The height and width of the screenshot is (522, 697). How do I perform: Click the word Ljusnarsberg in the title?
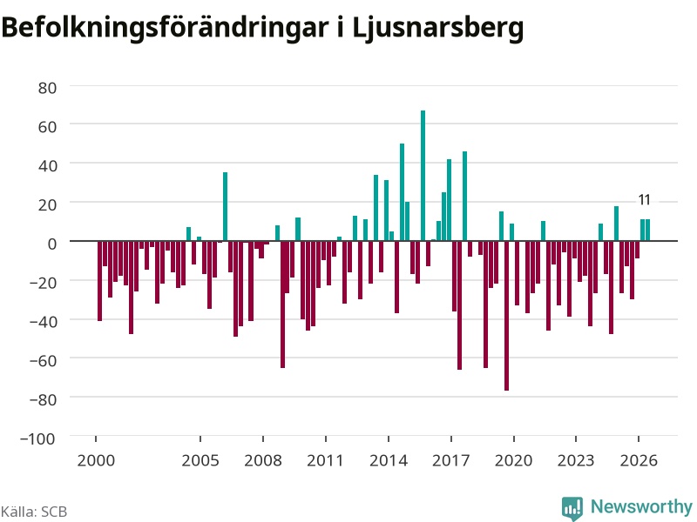point(438,29)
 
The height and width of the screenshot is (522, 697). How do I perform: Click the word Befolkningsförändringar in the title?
point(165,28)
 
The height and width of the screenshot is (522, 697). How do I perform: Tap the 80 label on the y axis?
point(48,88)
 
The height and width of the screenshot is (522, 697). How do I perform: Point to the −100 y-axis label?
point(37,438)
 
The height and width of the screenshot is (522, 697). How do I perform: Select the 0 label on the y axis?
point(52,244)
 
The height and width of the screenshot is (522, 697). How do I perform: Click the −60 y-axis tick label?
point(43,360)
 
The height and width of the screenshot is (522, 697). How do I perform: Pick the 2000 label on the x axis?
point(96,460)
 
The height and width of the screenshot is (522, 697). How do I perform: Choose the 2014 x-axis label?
point(389,460)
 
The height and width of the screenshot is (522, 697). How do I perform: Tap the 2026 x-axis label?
point(639,460)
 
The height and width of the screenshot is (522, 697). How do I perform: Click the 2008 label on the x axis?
point(263,460)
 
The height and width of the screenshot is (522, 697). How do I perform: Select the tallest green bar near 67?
point(423,176)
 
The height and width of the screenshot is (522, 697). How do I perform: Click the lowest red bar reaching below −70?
point(506,316)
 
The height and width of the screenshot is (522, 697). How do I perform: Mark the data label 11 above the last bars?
point(645,200)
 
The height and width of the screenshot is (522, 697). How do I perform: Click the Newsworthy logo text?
point(641,506)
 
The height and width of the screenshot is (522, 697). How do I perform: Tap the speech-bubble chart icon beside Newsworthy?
point(572,508)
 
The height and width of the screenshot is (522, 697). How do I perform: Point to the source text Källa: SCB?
point(34,512)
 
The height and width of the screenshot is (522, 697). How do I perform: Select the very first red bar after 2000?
point(99,281)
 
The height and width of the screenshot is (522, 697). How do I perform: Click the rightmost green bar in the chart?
point(647,230)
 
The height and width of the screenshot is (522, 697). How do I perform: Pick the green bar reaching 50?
point(402,192)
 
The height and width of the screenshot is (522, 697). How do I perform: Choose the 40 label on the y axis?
point(48,166)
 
